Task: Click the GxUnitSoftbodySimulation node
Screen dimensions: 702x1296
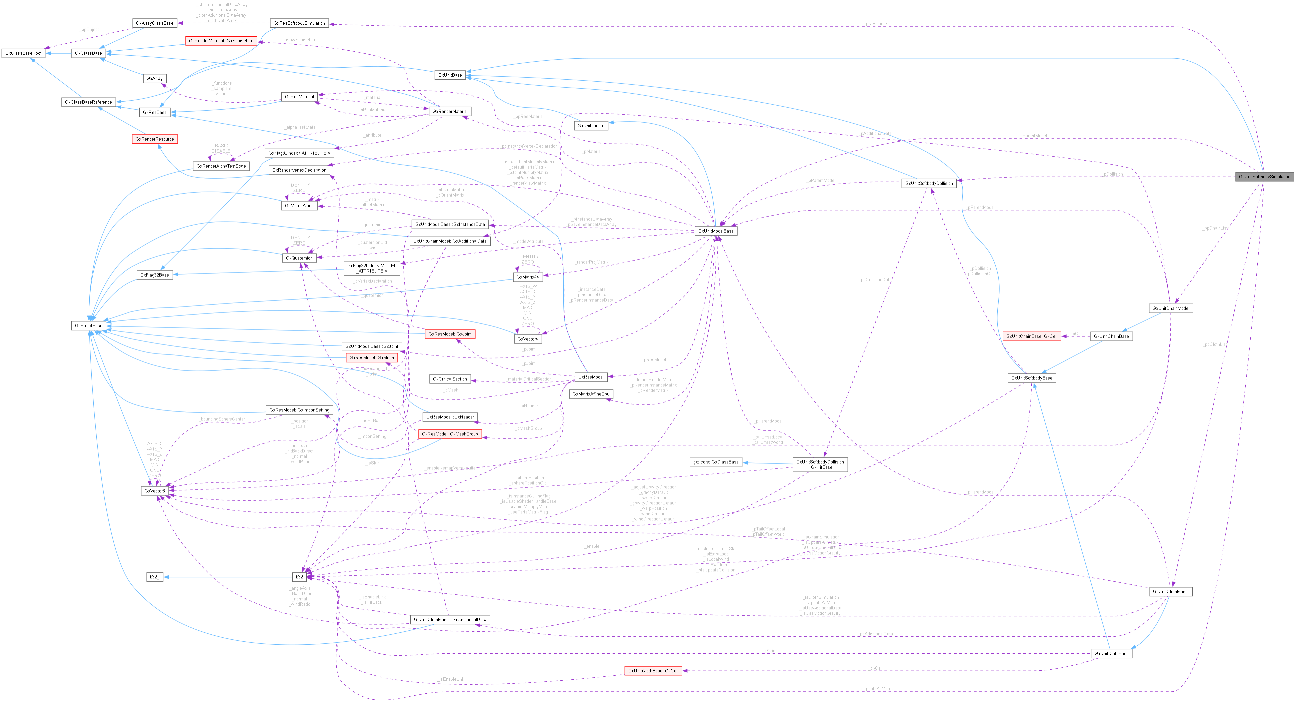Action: point(1264,177)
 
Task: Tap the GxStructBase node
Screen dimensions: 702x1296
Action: point(89,326)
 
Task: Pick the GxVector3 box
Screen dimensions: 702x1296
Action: point(154,491)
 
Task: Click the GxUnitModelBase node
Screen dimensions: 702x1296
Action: point(715,231)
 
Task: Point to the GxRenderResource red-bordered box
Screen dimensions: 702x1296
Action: point(154,139)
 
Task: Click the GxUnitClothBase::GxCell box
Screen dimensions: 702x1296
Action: point(653,671)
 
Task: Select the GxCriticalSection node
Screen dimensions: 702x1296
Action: point(450,379)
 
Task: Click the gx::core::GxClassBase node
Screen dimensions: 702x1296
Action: point(715,462)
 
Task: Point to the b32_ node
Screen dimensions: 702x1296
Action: point(154,577)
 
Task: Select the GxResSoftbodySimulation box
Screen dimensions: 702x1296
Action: point(299,23)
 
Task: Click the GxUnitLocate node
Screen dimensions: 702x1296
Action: point(591,126)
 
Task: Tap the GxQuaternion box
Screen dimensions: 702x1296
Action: point(299,258)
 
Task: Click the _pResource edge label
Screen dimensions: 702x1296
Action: point(876,24)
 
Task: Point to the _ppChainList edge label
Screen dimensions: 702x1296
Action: point(1214,228)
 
